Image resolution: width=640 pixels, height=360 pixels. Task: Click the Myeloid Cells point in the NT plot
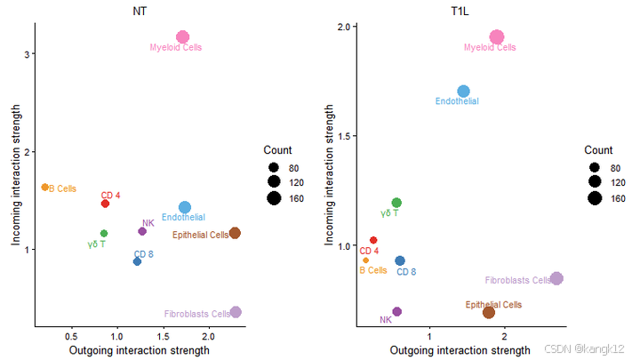[x=182, y=37]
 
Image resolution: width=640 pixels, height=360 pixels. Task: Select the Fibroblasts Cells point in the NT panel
[x=236, y=312]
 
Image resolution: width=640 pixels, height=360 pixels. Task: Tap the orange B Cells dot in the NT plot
[x=45, y=187]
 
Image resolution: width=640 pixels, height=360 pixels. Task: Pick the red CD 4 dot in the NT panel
[x=105, y=204]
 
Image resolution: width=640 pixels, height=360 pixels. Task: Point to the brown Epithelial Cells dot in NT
[x=235, y=233]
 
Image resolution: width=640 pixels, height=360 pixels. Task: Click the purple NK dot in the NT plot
[x=142, y=231]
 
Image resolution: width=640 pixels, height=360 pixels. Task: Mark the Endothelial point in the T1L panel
[x=463, y=92]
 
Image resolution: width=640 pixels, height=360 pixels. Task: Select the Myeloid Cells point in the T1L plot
[x=497, y=37]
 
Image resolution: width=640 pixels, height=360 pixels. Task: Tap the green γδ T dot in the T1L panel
[x=396, y=203]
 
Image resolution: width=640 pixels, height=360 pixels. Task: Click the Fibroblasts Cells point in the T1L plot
[x=556, y=278]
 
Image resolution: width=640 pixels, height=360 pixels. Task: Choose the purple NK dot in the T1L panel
[x=397, y=311]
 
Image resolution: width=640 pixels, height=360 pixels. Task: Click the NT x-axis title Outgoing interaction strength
[x=139, y=350]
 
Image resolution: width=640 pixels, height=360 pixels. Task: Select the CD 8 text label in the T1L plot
[x=406, y=271]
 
